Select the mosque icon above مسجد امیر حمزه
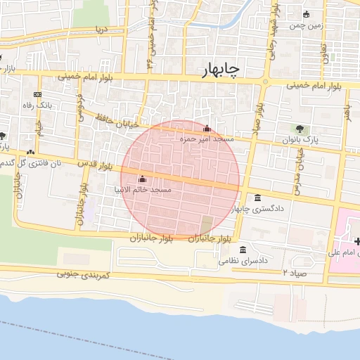point(207,129)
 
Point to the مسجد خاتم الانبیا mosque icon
point(143,179)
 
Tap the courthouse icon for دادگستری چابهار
point(258,198)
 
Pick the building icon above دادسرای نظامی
point(243,250)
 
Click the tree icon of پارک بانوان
point(300,129)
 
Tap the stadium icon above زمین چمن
point(305,14)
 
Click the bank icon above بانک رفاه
point(37,94)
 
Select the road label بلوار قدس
point(96,166)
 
